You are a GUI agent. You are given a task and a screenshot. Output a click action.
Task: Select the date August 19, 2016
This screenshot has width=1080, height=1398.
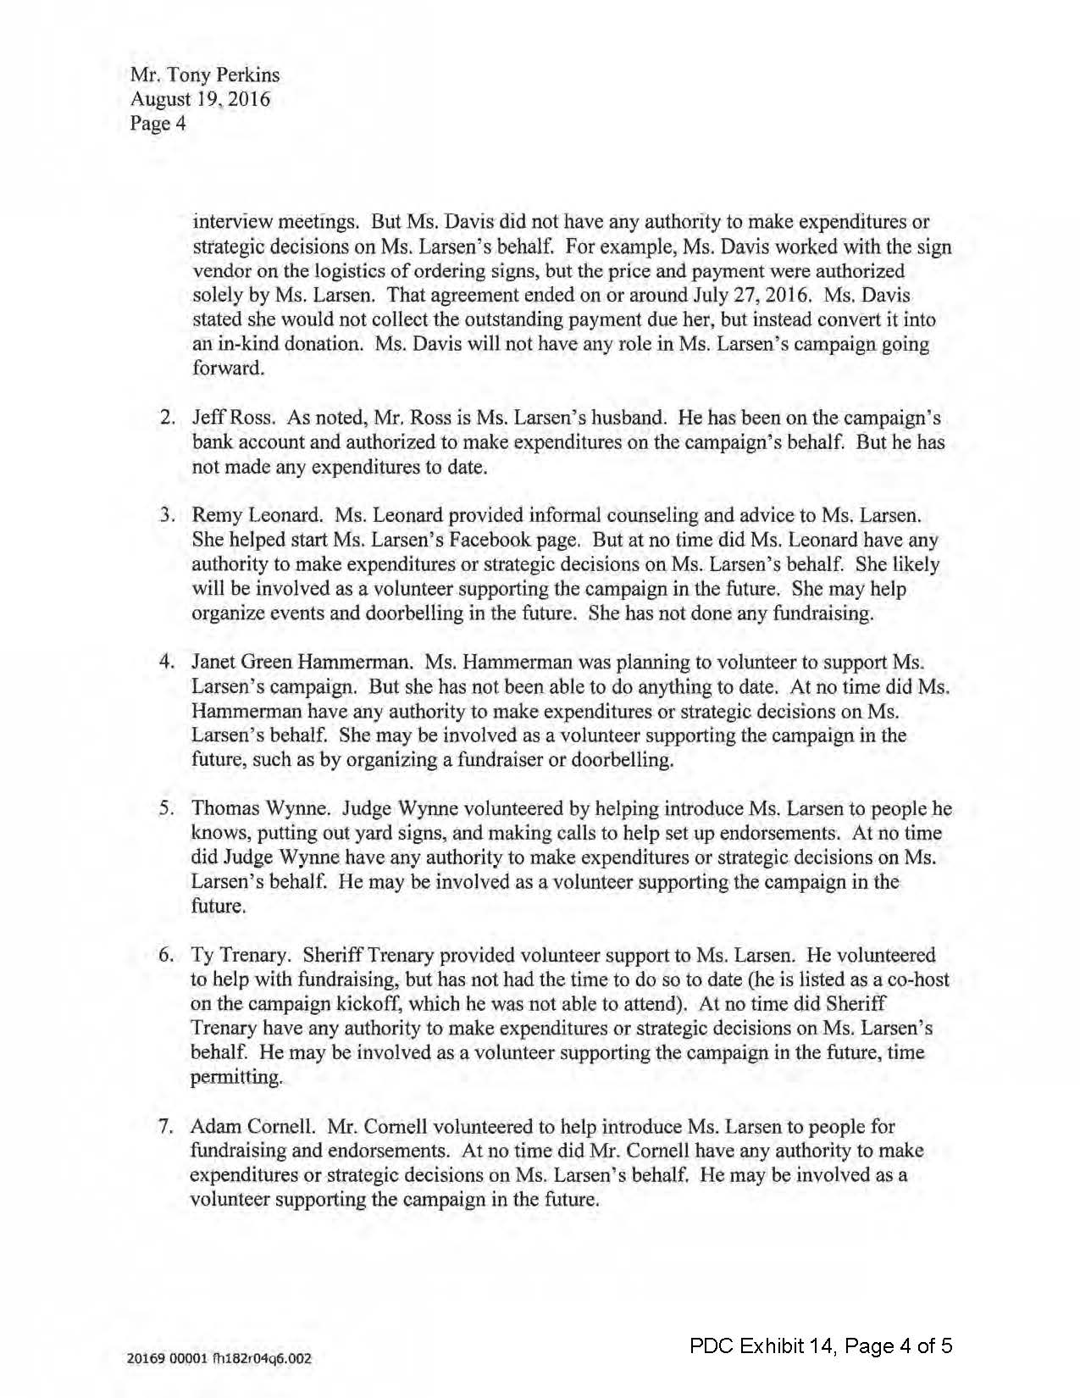click(200, 99)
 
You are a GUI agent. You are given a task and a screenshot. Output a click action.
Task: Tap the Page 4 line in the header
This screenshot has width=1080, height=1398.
click(158, 124)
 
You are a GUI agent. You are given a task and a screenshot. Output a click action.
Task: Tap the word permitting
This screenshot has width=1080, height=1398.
click(235, 1078)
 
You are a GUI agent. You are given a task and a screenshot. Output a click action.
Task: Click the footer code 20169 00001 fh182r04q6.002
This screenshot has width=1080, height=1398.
click(219, 1359)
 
